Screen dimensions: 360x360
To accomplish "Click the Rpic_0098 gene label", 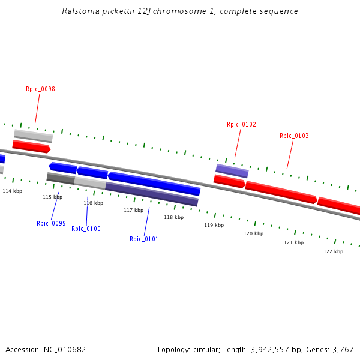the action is tap(40, 89).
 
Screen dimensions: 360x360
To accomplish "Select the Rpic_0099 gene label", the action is tap(51, 223).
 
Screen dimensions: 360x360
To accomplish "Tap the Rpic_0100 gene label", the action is tap(86, 229).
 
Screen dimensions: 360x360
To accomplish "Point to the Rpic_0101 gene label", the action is tap(144, 239).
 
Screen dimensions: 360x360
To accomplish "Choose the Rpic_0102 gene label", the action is tap(241, 124).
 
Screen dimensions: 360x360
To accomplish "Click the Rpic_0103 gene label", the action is tap(294, 136).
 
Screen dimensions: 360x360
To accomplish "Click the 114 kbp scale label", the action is tap(12, 191).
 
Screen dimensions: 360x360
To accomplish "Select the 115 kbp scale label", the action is tap(52, 197).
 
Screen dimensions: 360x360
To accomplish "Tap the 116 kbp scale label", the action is tap(93, 203).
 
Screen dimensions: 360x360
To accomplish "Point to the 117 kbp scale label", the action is tap(133, 210).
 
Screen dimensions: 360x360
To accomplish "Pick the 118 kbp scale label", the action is tap(173, 217).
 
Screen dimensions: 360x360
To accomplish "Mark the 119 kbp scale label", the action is tap(214, 225).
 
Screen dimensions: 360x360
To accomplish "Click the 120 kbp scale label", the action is tap(253, 233).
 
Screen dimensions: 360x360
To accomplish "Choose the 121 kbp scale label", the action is tap(293, 242).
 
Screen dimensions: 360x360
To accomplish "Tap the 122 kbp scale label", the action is tap(333, 251).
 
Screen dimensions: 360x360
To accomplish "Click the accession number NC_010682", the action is tap(64, 349).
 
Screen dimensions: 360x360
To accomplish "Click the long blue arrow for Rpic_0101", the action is tap(154, 183).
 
